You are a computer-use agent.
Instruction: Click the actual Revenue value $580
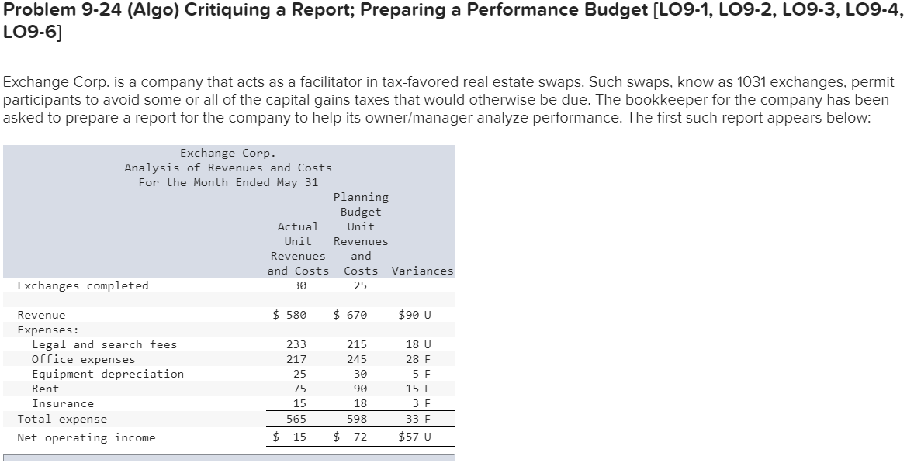[x=290, y=315]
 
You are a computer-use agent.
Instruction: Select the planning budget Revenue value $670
[x=350, y=315]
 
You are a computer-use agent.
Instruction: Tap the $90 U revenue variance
[x=414, y=315]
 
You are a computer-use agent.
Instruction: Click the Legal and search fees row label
[x=104, y=344]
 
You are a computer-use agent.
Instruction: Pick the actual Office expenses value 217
[x=296, y=359]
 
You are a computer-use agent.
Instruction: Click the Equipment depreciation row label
[x=107, y=374]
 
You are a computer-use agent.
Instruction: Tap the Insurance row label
[x=62, y=403]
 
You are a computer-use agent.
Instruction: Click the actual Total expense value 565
[x=296, y=419]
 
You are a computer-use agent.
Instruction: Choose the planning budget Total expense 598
[x=357, y=419]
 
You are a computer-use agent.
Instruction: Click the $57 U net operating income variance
[x=414, y=437]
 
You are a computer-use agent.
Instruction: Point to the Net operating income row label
[x=86, y=437]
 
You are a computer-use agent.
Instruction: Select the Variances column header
[x=423, y=271]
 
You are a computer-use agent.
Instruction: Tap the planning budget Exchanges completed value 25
[x=360, y=285]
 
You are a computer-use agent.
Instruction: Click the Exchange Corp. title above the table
[x=227, y=153]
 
